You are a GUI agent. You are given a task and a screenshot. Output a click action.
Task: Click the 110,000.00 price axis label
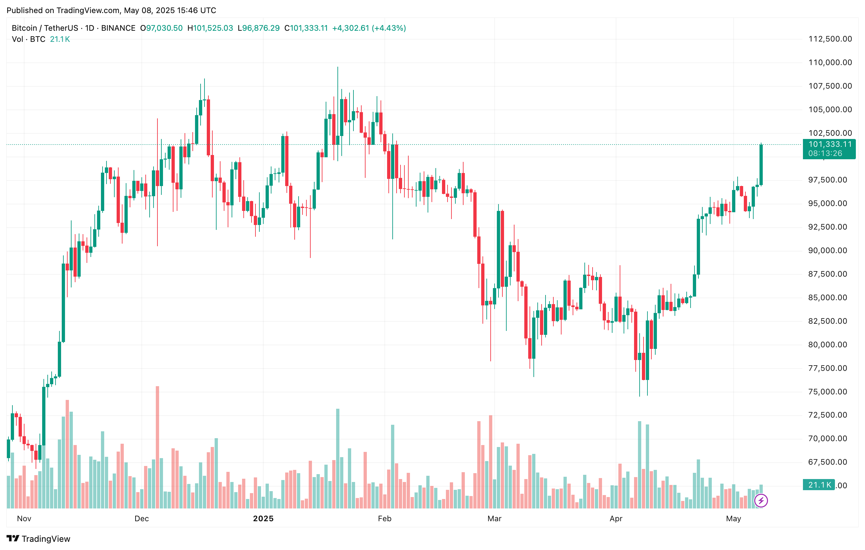830,62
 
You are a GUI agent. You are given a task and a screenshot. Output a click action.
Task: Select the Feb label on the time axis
384,518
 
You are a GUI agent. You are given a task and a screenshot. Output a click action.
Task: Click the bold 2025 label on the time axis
263,518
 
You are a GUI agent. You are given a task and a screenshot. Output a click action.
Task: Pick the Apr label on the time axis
616,518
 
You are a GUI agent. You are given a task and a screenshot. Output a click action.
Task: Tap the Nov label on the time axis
24,518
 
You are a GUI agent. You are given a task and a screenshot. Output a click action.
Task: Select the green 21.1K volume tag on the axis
819,485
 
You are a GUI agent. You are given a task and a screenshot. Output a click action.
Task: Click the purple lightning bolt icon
761,500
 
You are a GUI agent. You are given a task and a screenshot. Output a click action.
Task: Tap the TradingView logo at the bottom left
39,539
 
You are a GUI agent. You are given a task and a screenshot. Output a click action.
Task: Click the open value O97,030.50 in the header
161,28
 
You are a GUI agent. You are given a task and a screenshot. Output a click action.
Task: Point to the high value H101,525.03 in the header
210,28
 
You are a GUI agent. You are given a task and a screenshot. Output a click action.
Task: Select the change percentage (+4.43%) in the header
389,28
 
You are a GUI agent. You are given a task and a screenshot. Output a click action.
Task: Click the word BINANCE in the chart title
118,28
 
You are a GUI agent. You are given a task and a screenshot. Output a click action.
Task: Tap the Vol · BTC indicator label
29,39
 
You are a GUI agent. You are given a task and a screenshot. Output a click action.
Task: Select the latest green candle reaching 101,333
761,165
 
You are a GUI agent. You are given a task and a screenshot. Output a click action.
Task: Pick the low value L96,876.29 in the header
259,28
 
